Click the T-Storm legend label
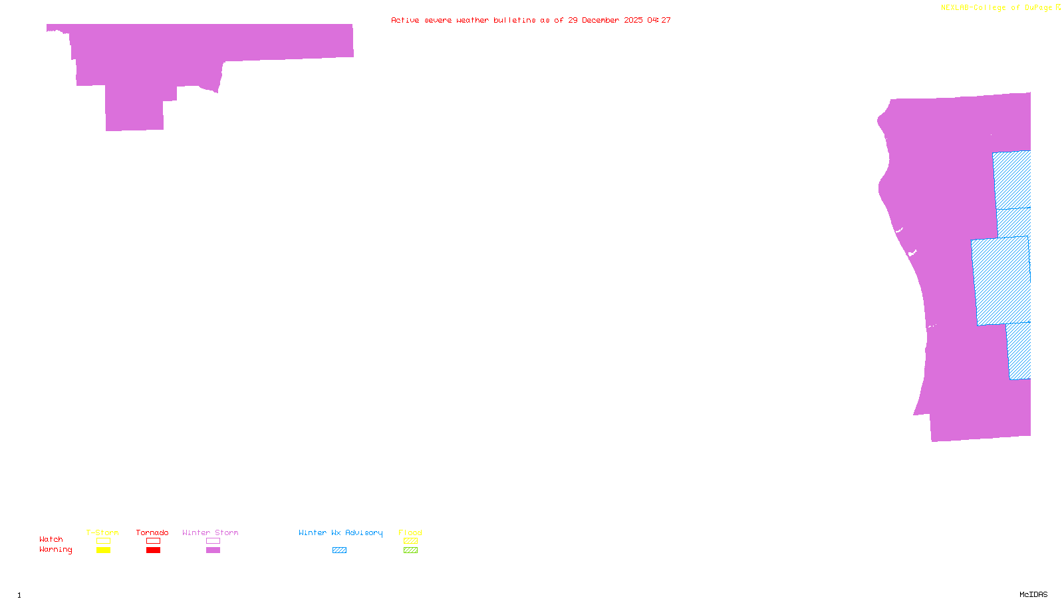102,532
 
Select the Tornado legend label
152,532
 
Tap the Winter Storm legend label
210,532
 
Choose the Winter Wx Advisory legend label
340,532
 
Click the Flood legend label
410,532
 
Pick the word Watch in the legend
51,539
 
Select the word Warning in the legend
55,550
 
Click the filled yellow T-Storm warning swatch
103,550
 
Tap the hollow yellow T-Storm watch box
103,541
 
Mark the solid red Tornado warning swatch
154,550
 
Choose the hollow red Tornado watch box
154,541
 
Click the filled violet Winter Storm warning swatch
213,550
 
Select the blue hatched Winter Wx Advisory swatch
339,550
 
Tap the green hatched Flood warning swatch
411,550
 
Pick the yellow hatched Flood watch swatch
411,541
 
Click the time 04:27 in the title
659,20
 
